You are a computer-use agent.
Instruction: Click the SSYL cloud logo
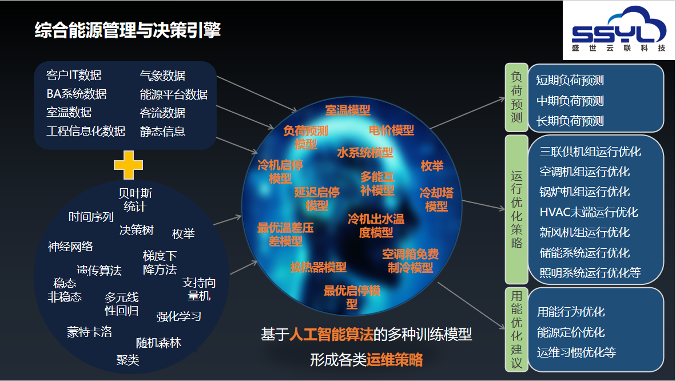[x=618, y=30]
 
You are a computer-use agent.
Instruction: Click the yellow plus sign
[x=128, y=165]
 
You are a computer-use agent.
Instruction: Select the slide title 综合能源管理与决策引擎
[x=128, y=30]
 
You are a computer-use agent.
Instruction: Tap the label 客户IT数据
[x=74, y=75]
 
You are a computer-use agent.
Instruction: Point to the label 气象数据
[x=162, y=76]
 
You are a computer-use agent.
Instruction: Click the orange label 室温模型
[x=348, y=110]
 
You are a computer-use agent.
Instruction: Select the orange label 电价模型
[x=391, y=130]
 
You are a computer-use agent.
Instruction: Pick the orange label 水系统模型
[x=365, y=152]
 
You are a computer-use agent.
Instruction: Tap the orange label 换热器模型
[x=318, y=267]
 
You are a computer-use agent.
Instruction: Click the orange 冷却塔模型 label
[x=436, y=199]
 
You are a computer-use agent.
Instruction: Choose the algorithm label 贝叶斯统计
[x=136, y=200]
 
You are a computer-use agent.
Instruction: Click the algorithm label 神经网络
[x=70, y=247]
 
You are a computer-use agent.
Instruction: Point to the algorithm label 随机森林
[x=158, y=343]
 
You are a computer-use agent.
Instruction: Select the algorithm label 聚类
[x=128, y=360]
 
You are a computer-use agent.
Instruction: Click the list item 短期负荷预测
[x=570, y=80]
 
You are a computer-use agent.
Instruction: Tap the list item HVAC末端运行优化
[x=588, y=212]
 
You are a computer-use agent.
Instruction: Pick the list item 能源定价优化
[x=571, y=332]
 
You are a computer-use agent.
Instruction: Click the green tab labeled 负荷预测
[x=516, y=97]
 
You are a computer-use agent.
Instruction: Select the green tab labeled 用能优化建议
[x=516, y=330]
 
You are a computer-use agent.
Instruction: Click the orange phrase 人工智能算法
[x=331, y=335]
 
